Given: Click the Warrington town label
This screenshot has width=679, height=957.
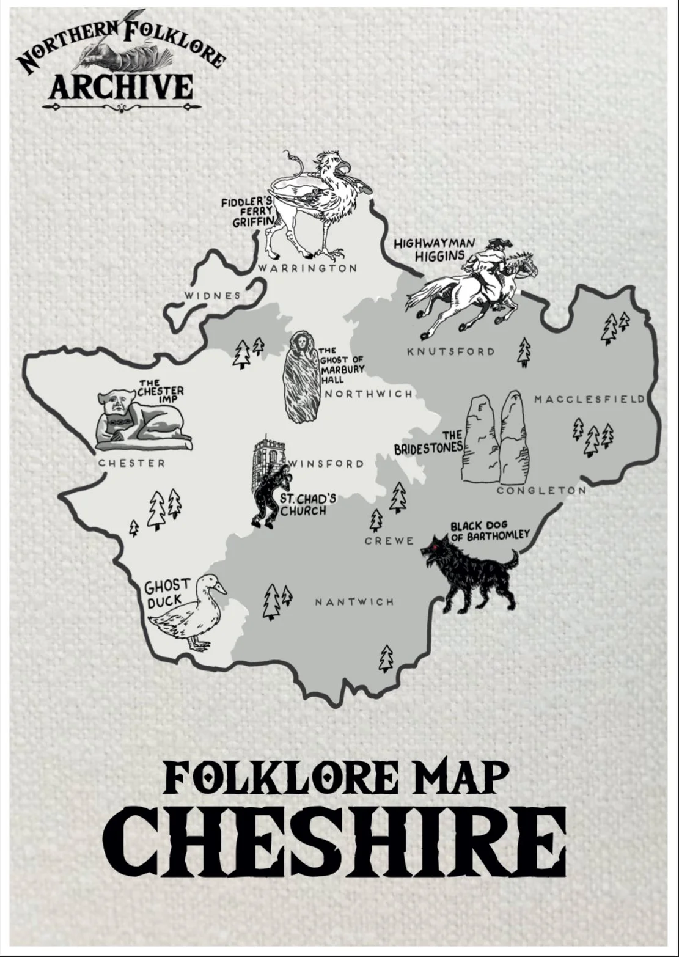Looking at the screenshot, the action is [x=307, y=268].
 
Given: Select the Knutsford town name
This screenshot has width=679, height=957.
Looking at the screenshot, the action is [x=451, y=351].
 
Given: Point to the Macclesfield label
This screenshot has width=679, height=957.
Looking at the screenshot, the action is [x=589, y=399].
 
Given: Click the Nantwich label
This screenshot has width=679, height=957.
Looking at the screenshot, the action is [x=354, y=602].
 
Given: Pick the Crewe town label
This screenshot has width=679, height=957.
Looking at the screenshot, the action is [x=389, y=541].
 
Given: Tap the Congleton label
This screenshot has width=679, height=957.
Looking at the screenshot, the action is [x=541, y=490].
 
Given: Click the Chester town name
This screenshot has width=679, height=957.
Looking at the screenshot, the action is [x=132, y=463].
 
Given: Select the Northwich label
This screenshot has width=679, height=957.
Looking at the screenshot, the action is [x=369, y=394].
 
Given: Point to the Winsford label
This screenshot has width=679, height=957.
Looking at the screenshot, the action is [x=326, y=463].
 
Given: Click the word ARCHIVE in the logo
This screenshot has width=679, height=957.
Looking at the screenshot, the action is [x=121, y=87].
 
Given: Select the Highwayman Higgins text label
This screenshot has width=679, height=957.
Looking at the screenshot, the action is [x=435, y=249].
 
